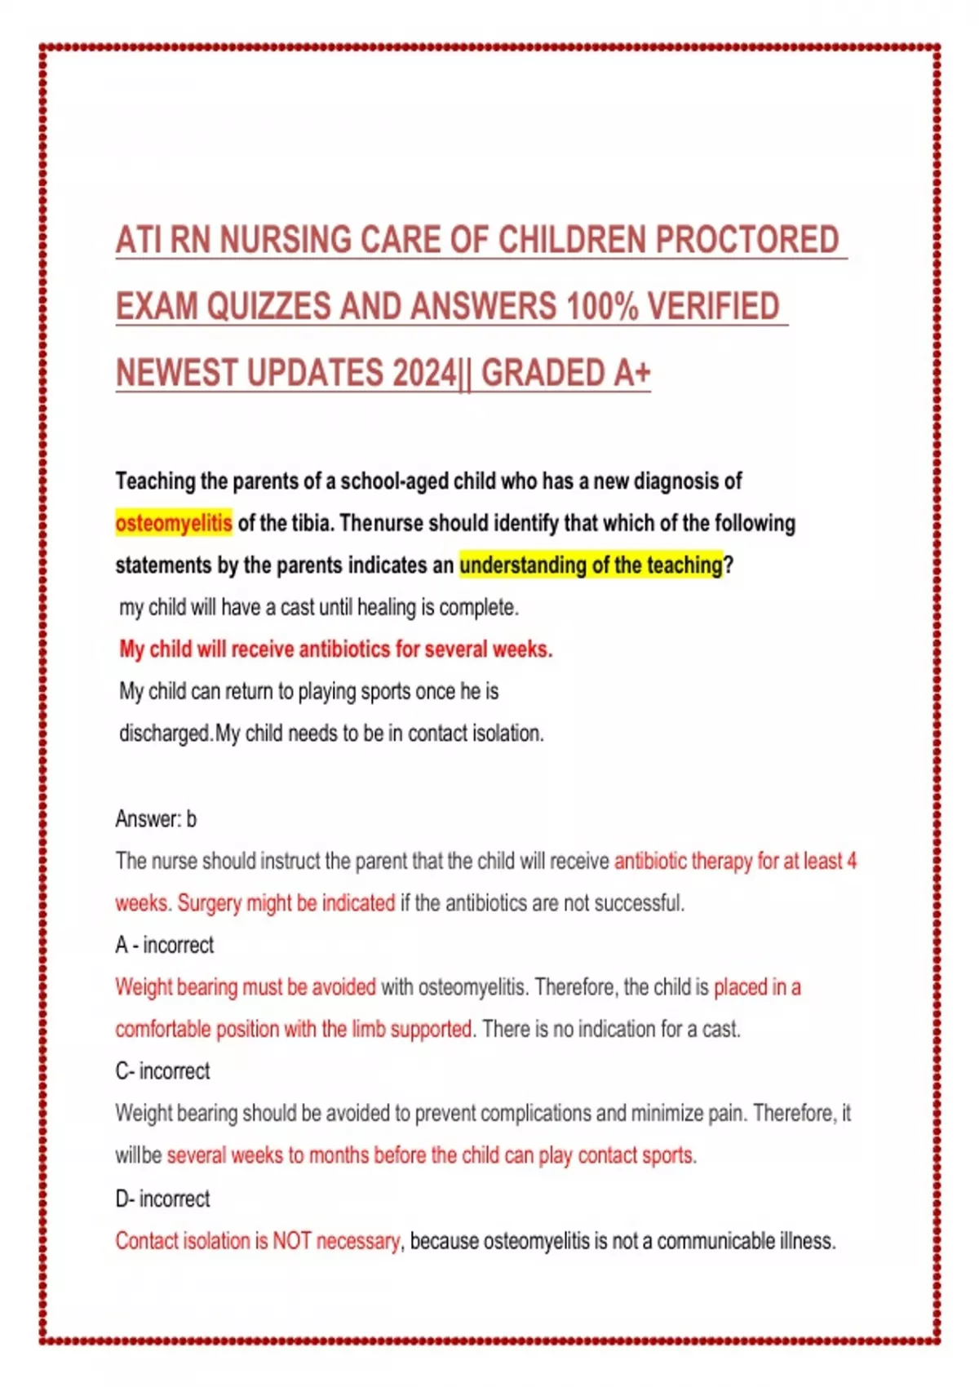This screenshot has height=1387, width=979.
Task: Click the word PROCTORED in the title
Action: point(746,240)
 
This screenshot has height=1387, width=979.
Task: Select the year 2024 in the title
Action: point(425,373)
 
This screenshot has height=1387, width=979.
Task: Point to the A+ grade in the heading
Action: point(631,373)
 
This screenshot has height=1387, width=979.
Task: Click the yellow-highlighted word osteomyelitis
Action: point(174,523)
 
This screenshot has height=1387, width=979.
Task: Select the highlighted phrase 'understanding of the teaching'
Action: point(591,565)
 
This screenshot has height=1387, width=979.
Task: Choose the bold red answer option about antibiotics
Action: point(335,649)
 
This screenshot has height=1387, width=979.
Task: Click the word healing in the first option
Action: point(386,608)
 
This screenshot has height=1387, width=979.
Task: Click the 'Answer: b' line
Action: point(156,818)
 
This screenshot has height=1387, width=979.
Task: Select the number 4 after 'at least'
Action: point(852,862)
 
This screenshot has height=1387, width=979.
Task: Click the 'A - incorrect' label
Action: point(164,945)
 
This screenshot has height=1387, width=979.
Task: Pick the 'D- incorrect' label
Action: point(162,1199)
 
